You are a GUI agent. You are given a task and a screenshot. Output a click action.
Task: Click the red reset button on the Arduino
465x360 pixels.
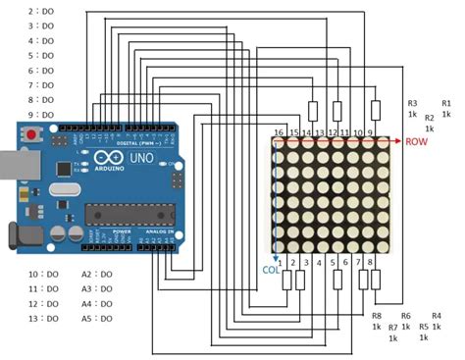point(33,133)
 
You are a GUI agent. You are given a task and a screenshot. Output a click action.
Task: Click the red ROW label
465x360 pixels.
point(417,141)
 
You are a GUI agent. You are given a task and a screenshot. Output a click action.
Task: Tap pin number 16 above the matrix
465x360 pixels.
point(279,132)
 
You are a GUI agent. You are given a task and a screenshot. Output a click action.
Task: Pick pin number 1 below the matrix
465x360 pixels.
point(280,263)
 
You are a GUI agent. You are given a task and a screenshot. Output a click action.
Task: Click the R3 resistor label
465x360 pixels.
point(413,102)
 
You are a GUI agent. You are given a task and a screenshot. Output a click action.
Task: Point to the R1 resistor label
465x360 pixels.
point(446,102)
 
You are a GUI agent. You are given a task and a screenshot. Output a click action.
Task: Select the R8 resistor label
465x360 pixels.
point(376,316)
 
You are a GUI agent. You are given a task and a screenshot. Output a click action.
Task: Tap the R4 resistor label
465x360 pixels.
point(437,316)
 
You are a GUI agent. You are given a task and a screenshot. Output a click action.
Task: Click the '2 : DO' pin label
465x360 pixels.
point(41,11)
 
